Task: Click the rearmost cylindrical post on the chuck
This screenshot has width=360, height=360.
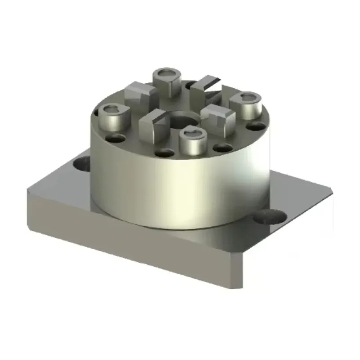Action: pyautogui.click(x=166, y=81)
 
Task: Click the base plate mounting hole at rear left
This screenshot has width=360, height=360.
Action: pyautogui.click(x=82, y=162)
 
